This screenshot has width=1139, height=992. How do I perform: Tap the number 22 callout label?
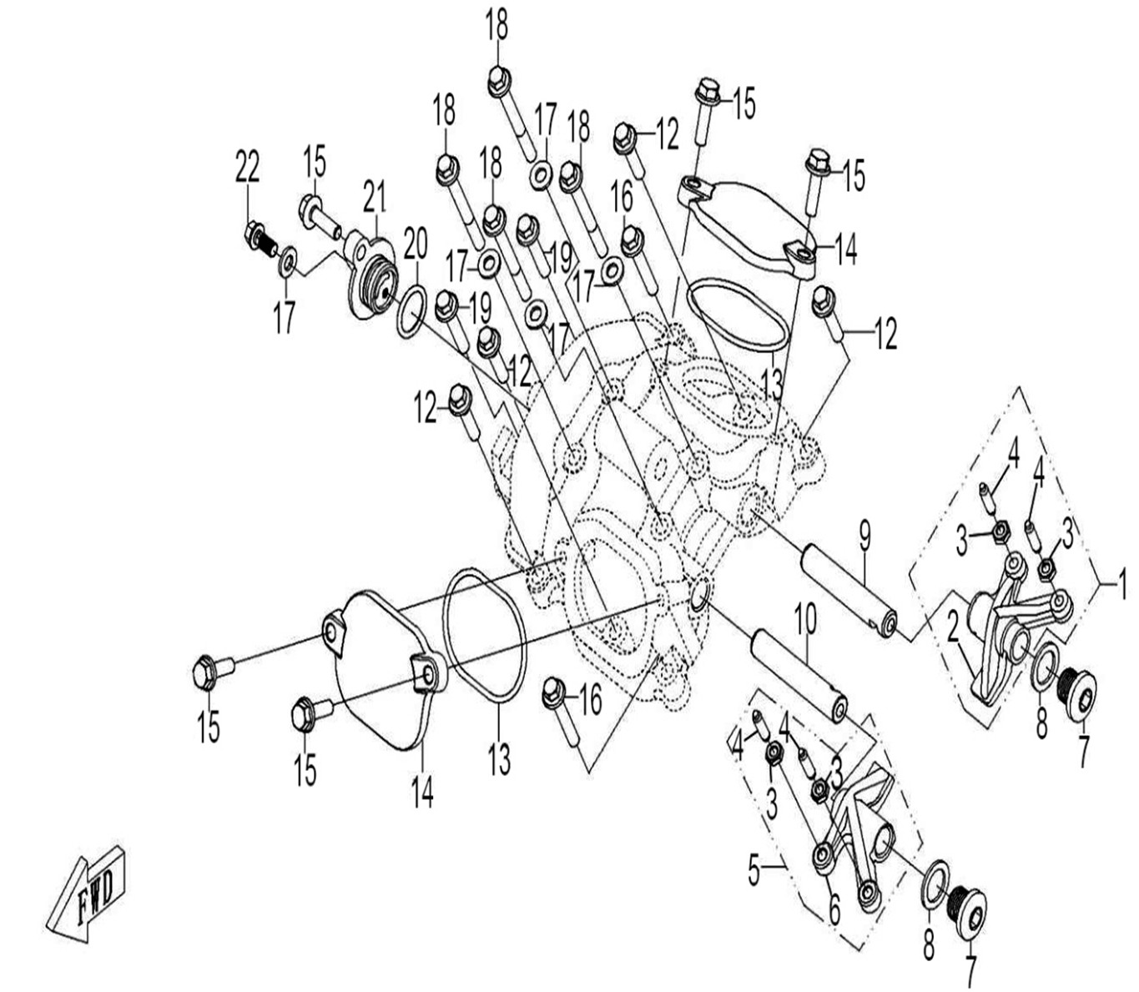click(247, 167)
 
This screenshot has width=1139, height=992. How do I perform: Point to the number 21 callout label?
click(374, 199)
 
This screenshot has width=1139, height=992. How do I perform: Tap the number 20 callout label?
click(415, 244)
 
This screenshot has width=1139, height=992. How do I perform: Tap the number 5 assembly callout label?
click(754, 873)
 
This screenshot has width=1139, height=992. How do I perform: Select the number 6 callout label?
click(834, 912)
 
